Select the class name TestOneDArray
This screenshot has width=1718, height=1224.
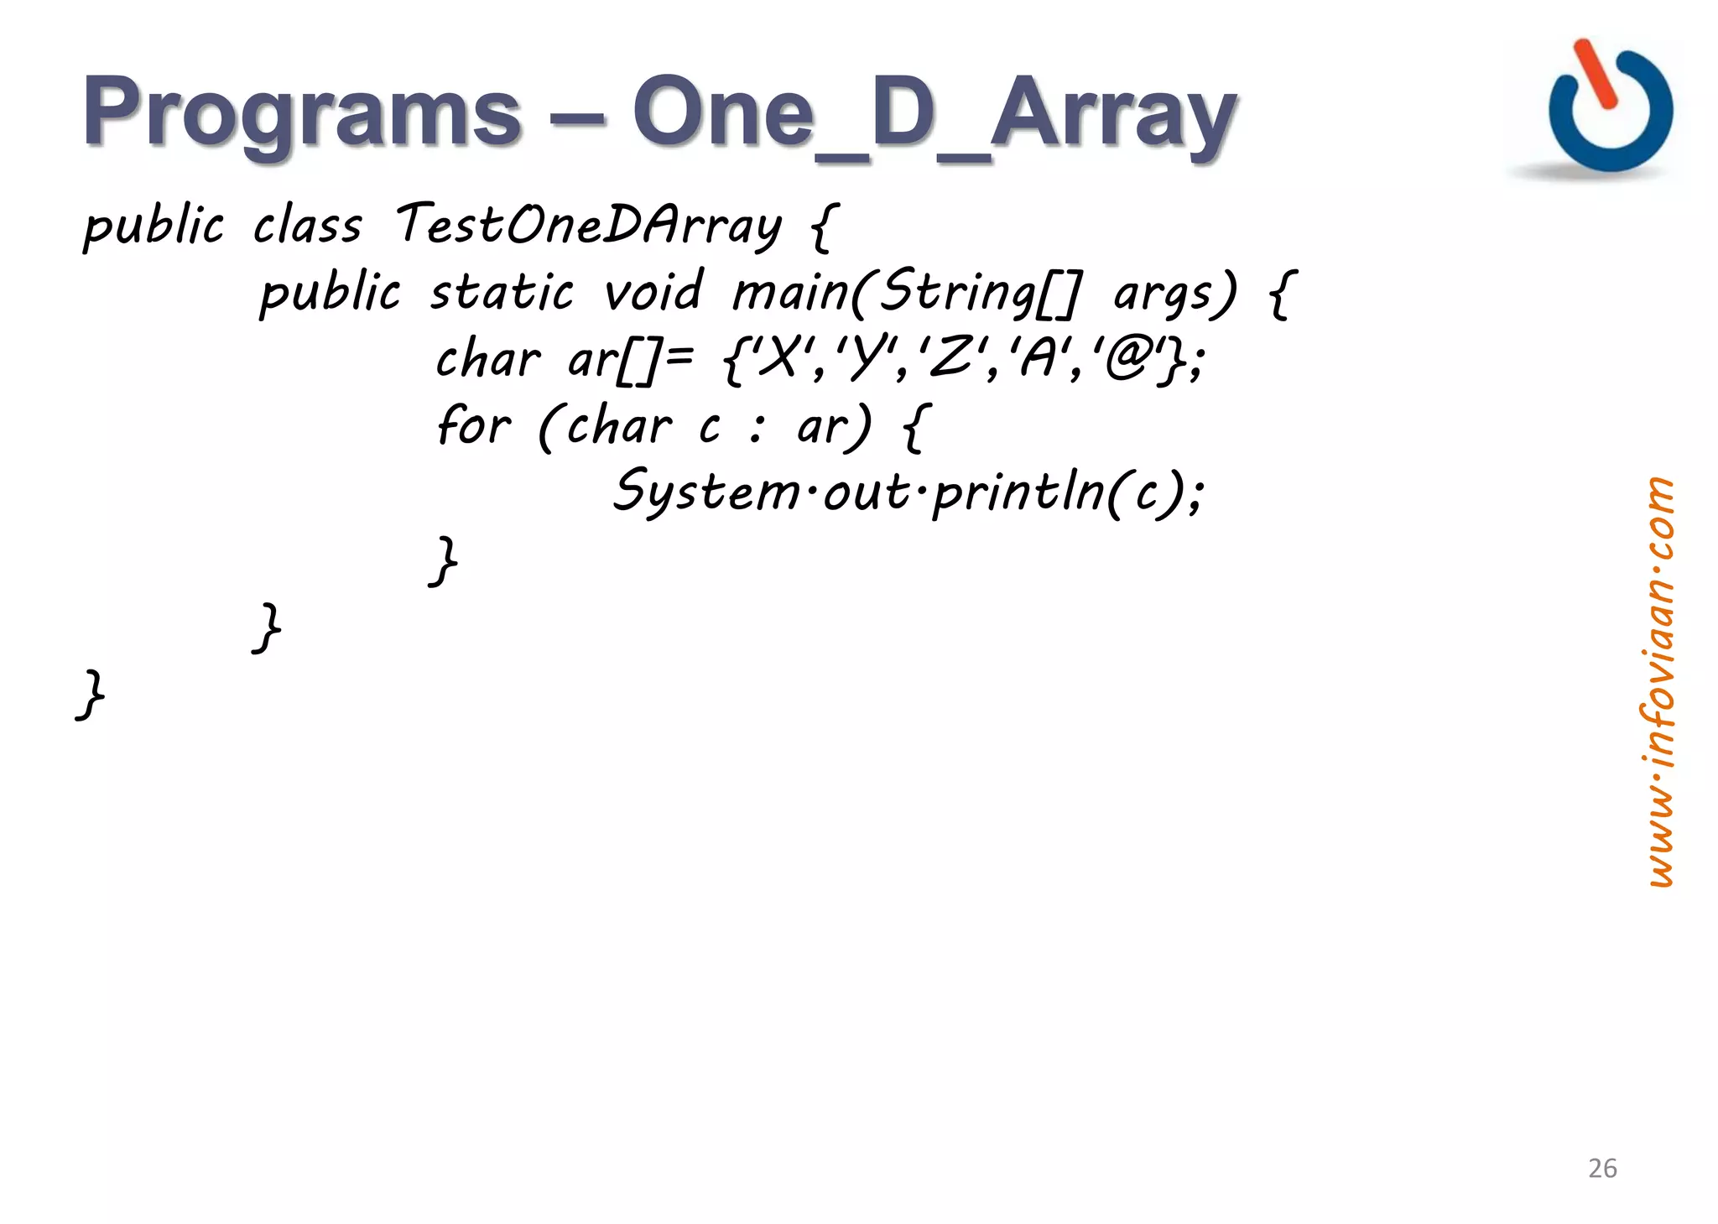tap(588, 225)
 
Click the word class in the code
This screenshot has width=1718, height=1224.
tap(307, 225)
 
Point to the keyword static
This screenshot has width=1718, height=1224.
tap(502, 292)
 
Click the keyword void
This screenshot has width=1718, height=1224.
tap(653, 292)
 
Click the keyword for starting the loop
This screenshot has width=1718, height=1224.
tap(473, 424)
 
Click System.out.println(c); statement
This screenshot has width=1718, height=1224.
tap(909, 492)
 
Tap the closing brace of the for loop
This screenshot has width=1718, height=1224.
tap(444, 560)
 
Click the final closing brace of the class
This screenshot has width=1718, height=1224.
tap(91, 694)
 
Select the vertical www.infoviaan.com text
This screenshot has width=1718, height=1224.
tap(1657, 681)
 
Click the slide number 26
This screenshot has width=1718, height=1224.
tap(1602, 1168)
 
